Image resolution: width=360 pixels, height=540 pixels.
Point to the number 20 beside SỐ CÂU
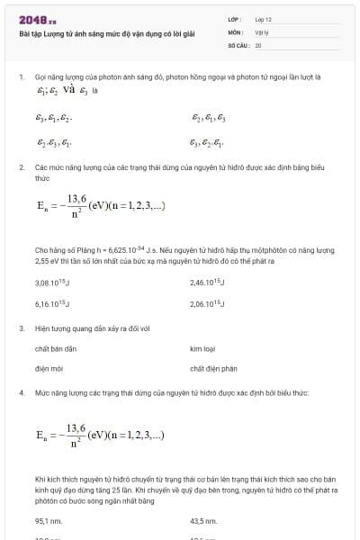coord(258,44)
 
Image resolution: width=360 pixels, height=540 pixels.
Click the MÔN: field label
coord(236,31)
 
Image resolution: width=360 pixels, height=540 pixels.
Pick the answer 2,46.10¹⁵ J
coord(208,283)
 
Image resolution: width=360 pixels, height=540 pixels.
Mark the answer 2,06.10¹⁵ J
coord(208,304)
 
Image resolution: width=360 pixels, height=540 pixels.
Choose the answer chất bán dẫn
coord(56,347)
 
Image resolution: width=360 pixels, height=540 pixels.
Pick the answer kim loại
coord(203,347)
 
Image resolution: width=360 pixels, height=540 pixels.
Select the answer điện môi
coord(47,368)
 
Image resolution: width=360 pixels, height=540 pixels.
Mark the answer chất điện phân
coord(213,368)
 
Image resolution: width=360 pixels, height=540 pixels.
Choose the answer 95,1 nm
coord(48,520)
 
